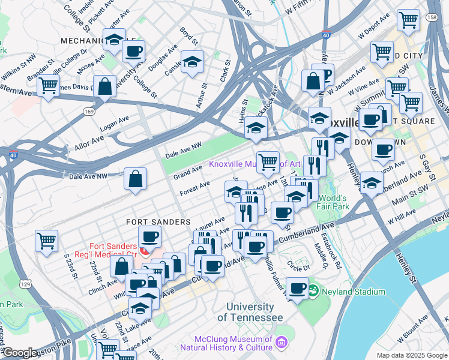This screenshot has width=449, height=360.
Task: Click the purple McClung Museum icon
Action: (x=281, y=342)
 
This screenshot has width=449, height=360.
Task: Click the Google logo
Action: (x=19, y=353)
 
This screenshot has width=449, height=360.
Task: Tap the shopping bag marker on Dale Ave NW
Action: (x=136, y=178)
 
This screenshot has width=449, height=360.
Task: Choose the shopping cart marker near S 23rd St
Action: (x=46, y=241)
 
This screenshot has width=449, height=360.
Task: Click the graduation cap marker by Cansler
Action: (x=192, y=62)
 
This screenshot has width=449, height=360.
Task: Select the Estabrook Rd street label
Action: (x=331, y=255)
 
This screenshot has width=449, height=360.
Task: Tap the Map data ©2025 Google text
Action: (x=411, y=355)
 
